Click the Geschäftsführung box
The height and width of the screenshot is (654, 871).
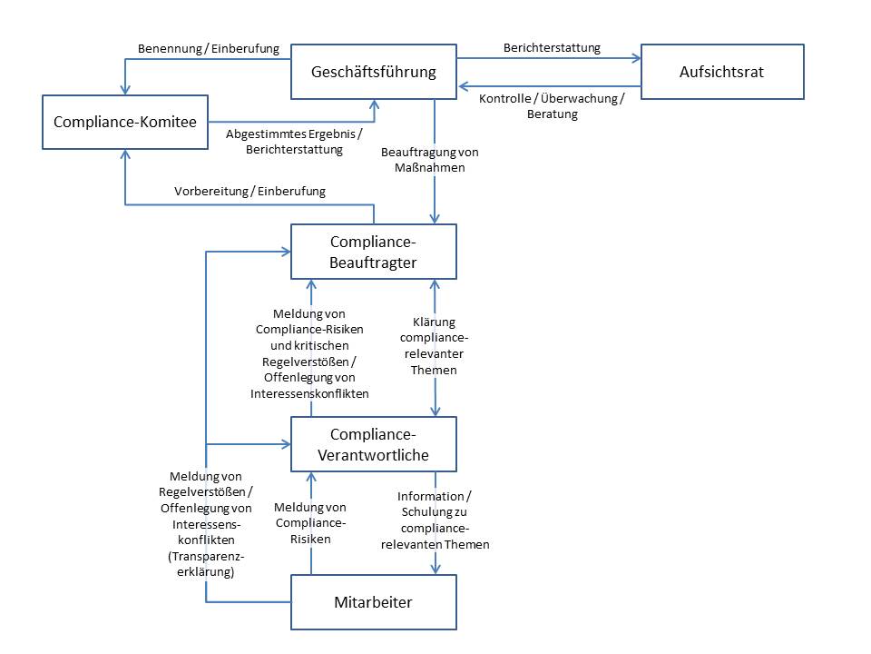(x=373, y=71)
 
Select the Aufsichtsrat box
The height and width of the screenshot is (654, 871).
(x=721, y=71)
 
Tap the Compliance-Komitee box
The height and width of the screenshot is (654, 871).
(x=125, y=121)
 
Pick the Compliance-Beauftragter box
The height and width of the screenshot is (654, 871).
(x=373, y=252)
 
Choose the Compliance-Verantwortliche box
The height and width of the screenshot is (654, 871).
(x=373, y=444)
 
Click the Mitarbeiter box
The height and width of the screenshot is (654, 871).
(x=373, y=601)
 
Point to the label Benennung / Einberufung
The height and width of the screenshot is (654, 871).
(x=208, y=47)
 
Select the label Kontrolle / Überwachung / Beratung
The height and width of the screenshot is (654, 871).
(x=551, y=106)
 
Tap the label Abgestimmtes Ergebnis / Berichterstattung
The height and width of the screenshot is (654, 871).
(x=294, y=141)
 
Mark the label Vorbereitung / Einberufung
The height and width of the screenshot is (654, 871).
(x=250, y=191)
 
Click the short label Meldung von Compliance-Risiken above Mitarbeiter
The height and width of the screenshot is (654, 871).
(x=310, y=522)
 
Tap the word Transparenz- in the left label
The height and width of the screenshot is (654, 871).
(x=206, y=558)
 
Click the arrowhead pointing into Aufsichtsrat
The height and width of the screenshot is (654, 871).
(x=636, y=58)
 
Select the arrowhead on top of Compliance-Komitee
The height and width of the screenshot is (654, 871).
(x=125, y=89)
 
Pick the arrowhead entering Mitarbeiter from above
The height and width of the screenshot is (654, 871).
(x=435, y=569)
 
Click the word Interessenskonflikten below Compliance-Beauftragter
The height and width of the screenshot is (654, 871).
(x=310, y=393)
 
